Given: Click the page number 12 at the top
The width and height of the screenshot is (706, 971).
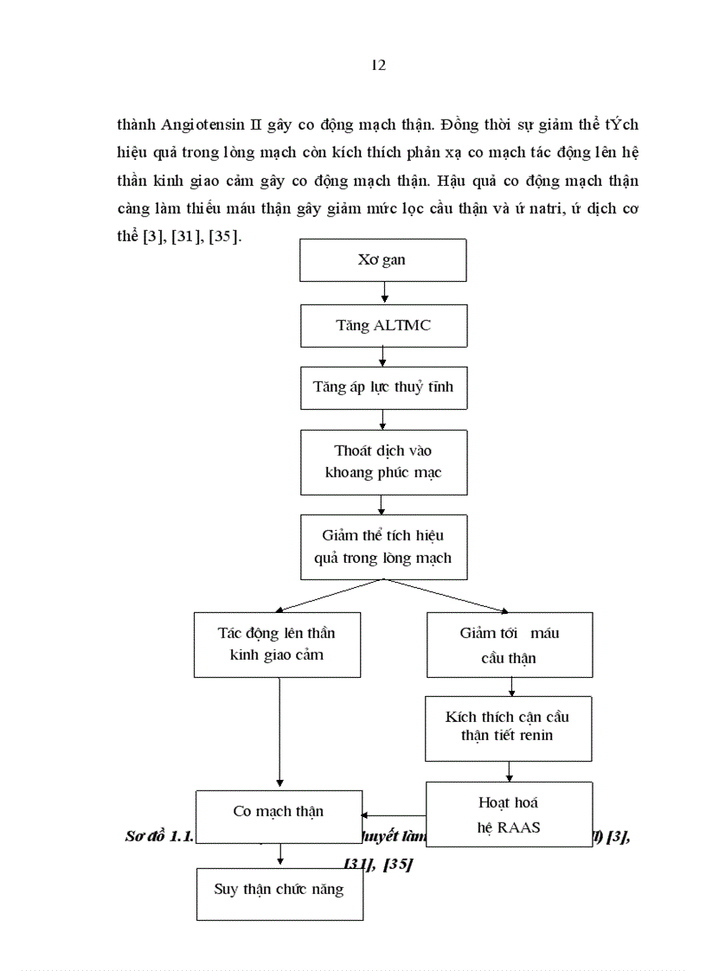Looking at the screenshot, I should [378, 66].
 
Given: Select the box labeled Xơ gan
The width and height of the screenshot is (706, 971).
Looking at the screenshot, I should [382, 260].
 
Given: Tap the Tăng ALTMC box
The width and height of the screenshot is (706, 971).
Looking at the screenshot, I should [382, 325].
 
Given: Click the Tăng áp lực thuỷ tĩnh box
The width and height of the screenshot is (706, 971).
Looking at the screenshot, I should [382, 387].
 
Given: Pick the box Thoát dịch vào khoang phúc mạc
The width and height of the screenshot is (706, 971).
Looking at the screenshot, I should [382, 462].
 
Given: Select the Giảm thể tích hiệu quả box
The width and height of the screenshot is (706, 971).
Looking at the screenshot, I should [382, 546].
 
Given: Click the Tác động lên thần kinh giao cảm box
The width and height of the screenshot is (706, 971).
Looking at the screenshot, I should [277, 644].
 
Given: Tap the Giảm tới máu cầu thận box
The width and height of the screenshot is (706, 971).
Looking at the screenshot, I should [509, 645].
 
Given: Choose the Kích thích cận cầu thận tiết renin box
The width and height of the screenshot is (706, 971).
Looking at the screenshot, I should [509, 727].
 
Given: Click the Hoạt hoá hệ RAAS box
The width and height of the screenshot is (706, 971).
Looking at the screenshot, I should [509, 814].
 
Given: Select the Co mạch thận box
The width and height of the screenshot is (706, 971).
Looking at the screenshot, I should [278, 811].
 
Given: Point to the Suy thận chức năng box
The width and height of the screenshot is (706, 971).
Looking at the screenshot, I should [278, 889].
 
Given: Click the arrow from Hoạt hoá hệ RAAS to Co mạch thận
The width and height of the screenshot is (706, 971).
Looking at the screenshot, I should [394, 814].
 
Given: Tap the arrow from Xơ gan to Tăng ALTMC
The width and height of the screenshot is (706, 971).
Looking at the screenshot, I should [382, 294].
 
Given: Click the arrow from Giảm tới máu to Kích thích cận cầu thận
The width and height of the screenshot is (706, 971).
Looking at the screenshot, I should [510, 687].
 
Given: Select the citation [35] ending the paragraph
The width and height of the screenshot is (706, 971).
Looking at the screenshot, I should [223, 236].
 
